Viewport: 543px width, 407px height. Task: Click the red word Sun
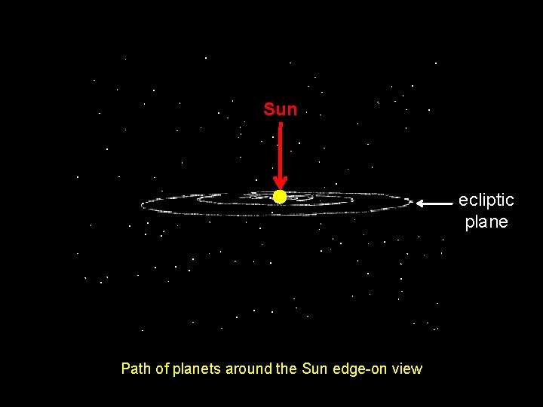coord(281,110)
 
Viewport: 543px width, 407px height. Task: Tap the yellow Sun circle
coord(280,197)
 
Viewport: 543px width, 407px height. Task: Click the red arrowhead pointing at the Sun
coord(280,183)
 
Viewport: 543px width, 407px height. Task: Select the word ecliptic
coord(486,200)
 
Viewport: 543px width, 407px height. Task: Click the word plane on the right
coord(486,222)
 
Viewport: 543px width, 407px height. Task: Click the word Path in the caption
coord(135,369)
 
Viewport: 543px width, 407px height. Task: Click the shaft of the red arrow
coord(280,151)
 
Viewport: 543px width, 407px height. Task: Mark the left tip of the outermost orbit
coord(142,204)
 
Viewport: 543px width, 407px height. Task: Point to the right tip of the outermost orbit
coord(413,202)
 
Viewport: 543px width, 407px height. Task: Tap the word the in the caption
coord(287,369)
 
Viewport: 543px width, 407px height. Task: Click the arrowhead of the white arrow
coord(422,203)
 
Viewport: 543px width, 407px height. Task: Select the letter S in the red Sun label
coord(268,110)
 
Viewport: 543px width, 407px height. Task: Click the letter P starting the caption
coord(125,369)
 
